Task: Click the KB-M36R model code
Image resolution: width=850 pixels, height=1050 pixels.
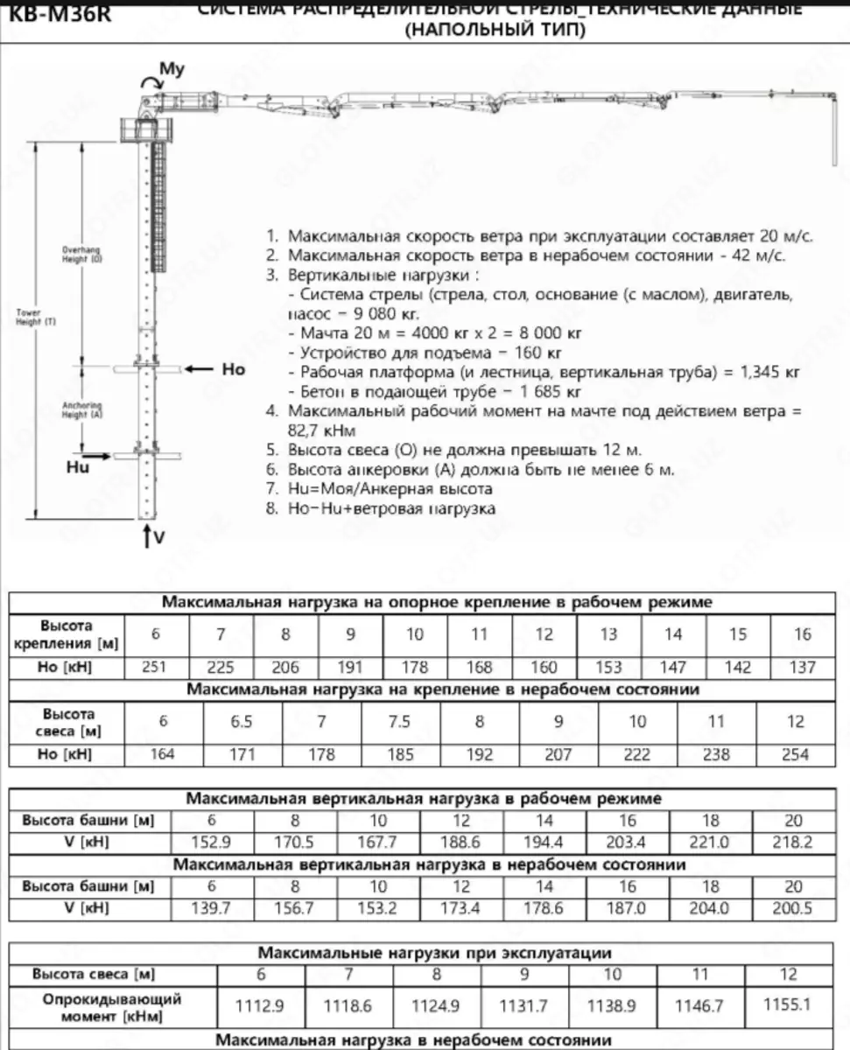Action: (55, 14)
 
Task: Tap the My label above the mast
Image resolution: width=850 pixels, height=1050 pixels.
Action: (172, 69)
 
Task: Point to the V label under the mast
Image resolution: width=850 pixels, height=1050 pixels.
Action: (158, 537)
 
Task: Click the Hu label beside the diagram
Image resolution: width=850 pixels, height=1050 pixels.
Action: (78, 467)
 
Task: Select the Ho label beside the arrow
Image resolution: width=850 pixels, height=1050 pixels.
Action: (234, 369)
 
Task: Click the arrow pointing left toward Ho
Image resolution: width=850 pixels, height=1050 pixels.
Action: (200, 369)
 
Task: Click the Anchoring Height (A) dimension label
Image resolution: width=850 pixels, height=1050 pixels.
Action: (82, 410)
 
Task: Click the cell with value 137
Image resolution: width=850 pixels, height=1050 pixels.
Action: (802, 668)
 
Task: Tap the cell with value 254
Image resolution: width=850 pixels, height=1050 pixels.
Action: (795, 754)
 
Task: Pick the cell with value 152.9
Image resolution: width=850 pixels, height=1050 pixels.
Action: (211, 843)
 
